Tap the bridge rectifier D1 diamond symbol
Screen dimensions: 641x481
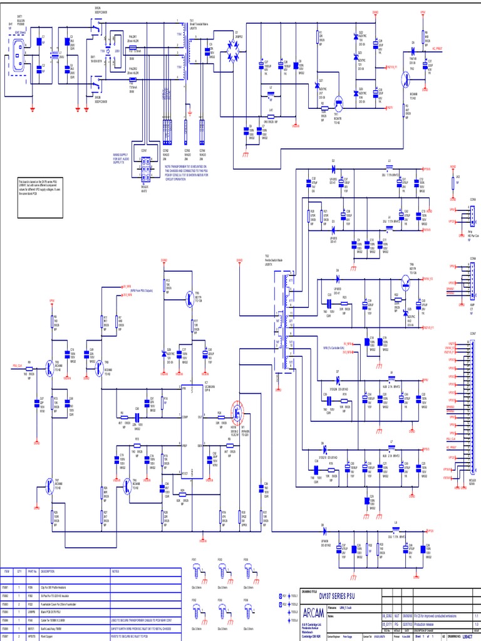tap(236, 58)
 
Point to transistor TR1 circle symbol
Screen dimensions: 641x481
tap(338, 104)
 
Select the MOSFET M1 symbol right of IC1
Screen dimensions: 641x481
tap(238, 413)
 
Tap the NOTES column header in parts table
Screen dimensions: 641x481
tap(116, 571)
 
